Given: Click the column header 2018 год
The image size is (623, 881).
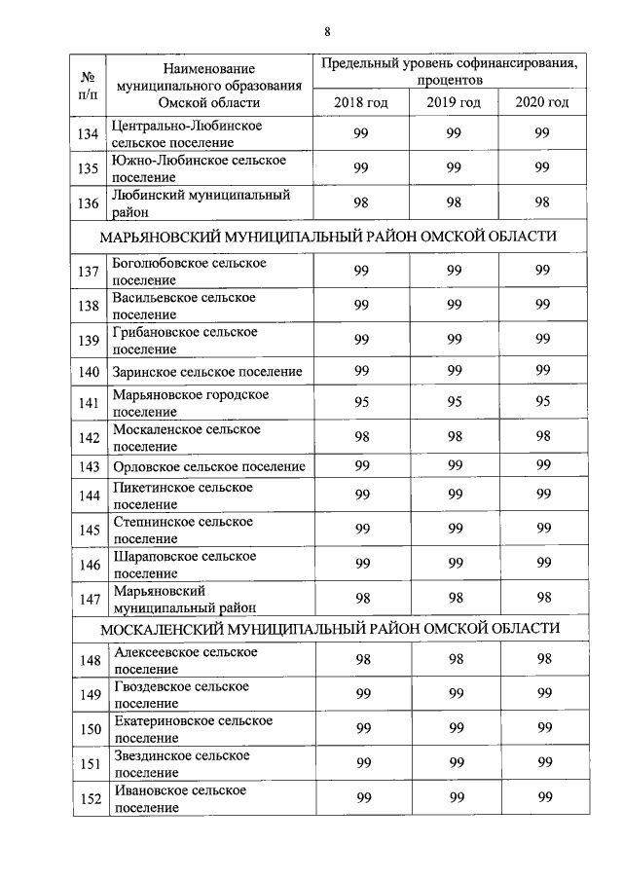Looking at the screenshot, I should pyautogui.click(x=361, y=102).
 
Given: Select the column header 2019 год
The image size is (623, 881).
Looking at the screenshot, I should pyautogui.click(x=454, y=102).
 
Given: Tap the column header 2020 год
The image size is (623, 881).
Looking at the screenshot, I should pyautogui.click(x=542, y=102).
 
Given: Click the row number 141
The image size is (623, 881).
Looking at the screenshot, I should pyautogui.click(x=90, y=403).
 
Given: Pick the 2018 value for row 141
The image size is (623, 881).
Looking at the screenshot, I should pyautogui.click(x=361, y=403).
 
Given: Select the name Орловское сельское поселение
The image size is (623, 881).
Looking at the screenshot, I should pyautogui.click(x=208, y=466).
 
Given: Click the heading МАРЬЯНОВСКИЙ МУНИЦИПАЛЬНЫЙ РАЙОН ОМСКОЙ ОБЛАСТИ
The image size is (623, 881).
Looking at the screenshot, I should pyautogui.click(x=330, y=236).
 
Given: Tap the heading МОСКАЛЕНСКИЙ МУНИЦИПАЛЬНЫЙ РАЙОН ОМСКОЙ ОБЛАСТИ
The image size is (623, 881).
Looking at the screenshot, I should pyautogui.click(x=330, y=628).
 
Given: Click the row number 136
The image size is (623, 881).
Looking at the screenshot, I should pyautogui.click(x=90, y=202).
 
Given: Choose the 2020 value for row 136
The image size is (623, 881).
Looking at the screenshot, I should pyautogui.click(x=542, y=202).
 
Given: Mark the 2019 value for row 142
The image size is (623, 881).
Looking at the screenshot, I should pyautogui.click(x=454, y=437).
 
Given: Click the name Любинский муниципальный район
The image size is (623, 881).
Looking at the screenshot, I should pyautogui.click(x=202, y=202).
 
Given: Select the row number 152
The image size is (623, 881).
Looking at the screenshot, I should pyautogui.click(x=90, y=798).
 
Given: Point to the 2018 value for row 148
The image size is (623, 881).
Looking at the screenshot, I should pyautogui.click(x=361, y=659).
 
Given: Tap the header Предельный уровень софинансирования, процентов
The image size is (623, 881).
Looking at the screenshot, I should pyautogui.click(x=450, y=71).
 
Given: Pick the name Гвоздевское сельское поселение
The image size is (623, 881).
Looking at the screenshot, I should pyautogui.click(x=181, y=694).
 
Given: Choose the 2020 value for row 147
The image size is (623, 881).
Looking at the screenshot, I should pyautogui.click(x=542, y=597).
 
